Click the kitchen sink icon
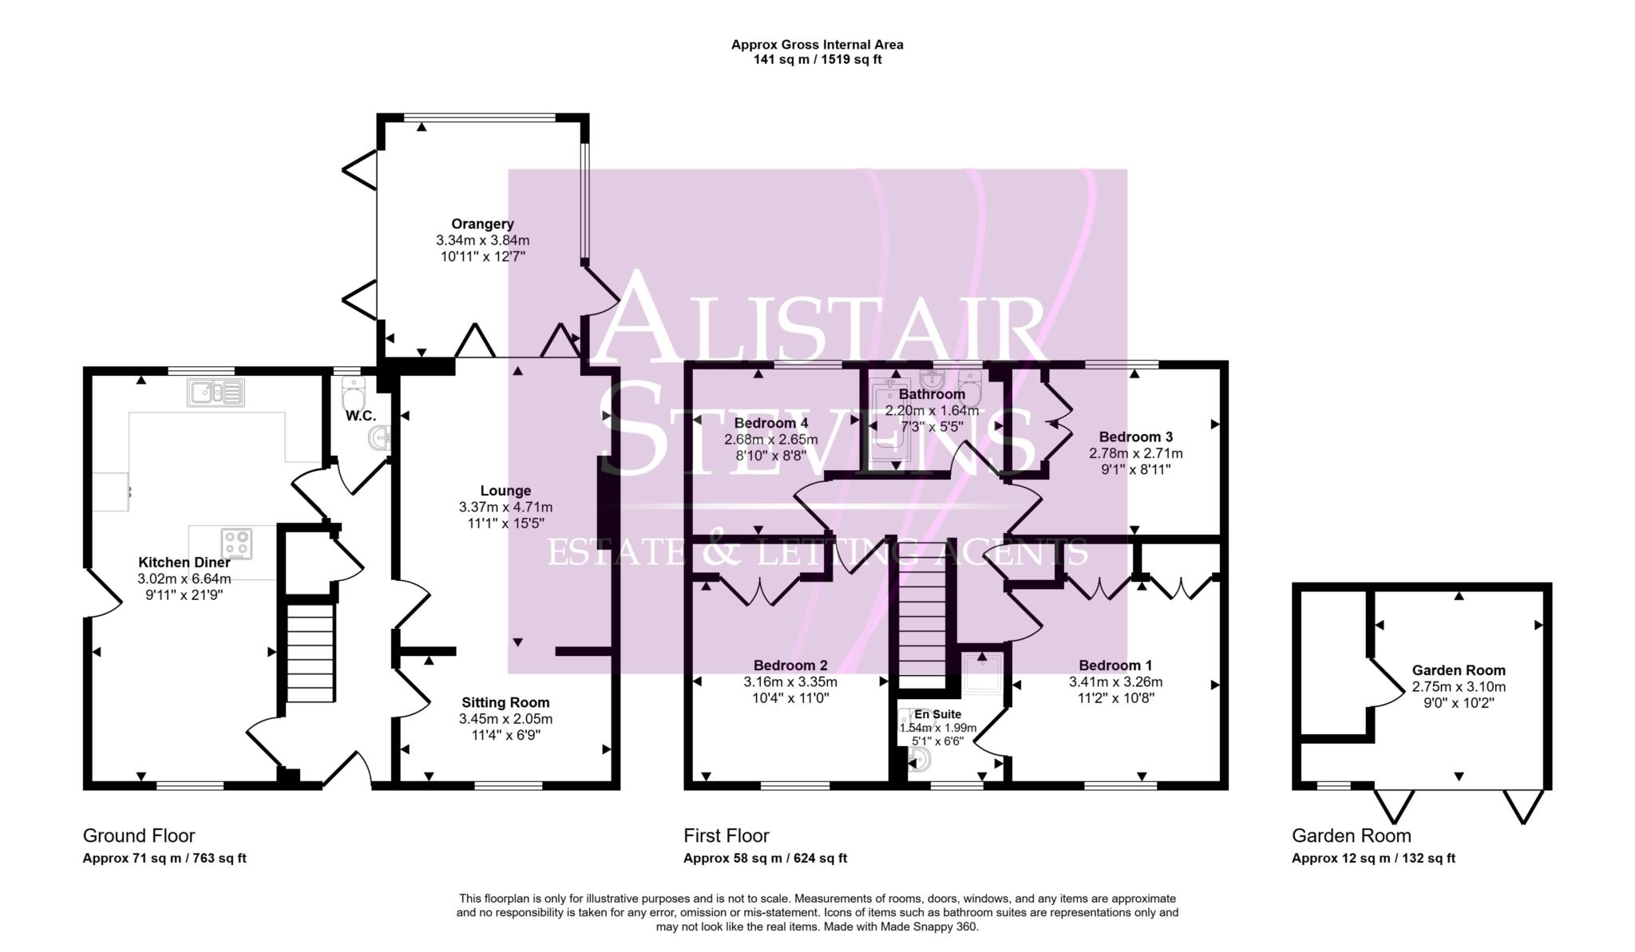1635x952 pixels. [216, 393]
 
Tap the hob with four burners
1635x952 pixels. [236, 544]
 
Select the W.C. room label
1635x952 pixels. [361, 417]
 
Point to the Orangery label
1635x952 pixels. [482, 224]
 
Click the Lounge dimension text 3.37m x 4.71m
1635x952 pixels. [505, 508]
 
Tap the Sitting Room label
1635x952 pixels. [505, 703]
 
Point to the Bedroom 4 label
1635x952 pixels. [771, 423]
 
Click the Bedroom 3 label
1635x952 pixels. [1136, 437]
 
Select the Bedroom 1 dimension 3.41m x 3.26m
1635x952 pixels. [1115, 682]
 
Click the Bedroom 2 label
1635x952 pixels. [790, 666]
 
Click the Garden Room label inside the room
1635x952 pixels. [1459, 671]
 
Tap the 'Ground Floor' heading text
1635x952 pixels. [139, 836]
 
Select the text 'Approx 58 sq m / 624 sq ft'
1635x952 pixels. [765, 859]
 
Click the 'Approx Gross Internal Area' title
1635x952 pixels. [817, 45]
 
